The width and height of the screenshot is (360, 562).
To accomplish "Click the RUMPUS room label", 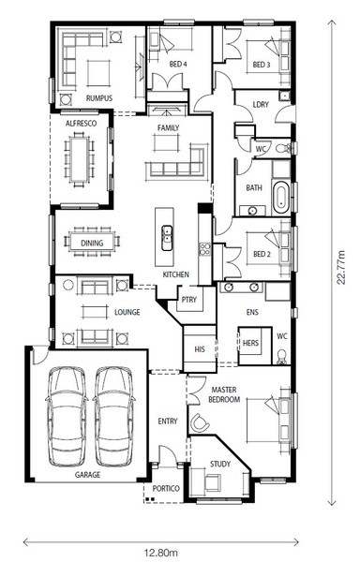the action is click(x=99, y=97).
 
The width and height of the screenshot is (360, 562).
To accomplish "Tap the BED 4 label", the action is click(x=178, y=64).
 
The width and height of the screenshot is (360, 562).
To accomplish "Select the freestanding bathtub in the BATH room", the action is click(x=281, y=197).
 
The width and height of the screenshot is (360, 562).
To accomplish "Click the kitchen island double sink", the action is click(x=167, y=238).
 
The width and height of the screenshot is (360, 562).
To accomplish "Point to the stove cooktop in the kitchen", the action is click(x=205, y=249).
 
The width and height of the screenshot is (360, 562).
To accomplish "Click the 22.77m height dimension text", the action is click(x=341, y=267).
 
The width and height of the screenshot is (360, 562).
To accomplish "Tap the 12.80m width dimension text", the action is click(x=161, y=553).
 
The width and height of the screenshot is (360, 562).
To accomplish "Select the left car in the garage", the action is click(x=67, y=416).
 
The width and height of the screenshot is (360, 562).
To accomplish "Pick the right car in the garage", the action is click(x=114, y=416).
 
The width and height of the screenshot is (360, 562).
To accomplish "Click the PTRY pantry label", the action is click(x=189, y=300).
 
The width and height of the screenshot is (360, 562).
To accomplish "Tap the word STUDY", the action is click(x=220, y=465).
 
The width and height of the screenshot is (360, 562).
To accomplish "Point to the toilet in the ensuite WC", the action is click(x=282, y=357).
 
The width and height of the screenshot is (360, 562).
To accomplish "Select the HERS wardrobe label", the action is click(x=250, y=343).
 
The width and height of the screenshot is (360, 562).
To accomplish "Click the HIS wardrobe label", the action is click(x=200, y=349).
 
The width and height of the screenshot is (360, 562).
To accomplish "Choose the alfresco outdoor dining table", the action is click(x=80, y=159).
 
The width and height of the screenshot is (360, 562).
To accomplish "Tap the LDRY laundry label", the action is click(x=261, y=104).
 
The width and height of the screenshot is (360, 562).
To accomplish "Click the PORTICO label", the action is click(x=166, y=489).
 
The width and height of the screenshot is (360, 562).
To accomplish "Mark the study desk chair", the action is click(x=213, y=482).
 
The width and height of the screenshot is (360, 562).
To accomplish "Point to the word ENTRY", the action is click(x=168, y=421).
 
